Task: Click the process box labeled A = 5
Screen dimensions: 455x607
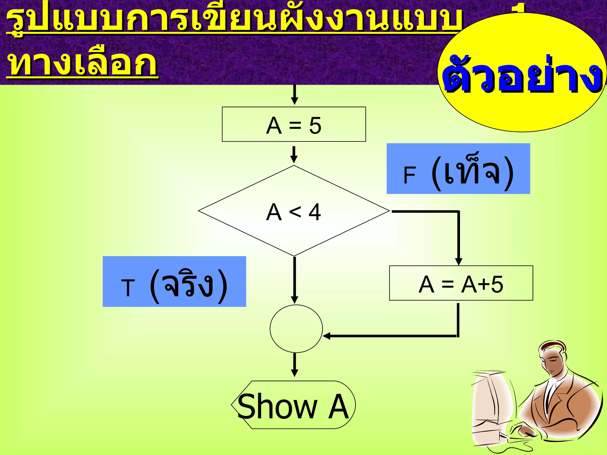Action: pyautogui.click(x=294, y=124)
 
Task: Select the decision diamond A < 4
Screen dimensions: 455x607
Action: pyautogui.click(x=294, y=211)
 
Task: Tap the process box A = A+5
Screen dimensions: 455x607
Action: pyautogui.click(x=461, y=283)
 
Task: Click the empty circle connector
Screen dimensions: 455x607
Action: pyautogui.click(x=296, y=329)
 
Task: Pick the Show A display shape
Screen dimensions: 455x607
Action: pyautogui.click(x=293, y=405)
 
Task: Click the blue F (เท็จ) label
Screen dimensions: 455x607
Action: pyautogui.click(x=458, y=169)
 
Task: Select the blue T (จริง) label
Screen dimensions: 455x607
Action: pyautogui.click(x=174, y=281)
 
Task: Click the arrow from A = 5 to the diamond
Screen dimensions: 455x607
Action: pyautogui.click(x=294, y=154)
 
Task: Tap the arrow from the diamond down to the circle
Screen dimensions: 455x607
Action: pyautogui.click(x=294, y=280)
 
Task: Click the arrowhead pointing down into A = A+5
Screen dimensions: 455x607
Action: pyautogui.click(x=459, y=261)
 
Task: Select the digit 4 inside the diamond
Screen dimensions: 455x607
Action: pyautogui.click(x=314, y=212)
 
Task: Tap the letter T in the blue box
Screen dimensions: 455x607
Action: pyautogui.click(x=128, y=288)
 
